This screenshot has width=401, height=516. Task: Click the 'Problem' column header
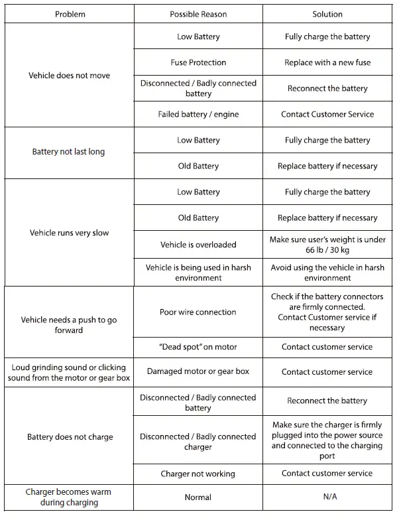click(x=70, y=14)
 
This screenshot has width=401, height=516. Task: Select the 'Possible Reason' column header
click(x=198, y=14)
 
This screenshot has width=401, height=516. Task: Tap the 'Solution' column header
click(x=327, y=14)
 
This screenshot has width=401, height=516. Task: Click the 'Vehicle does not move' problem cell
click(x=69, y=76)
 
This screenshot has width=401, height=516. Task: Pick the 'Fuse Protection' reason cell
click(x=198, y=62)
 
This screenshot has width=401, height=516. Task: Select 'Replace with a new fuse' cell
click(x=327, y=62)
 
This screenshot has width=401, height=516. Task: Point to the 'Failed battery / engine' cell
click(x=198, y=114)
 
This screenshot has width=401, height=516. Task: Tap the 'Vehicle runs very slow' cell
click(x=69, y=233)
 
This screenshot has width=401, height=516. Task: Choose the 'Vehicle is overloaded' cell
click(x=198, y=245)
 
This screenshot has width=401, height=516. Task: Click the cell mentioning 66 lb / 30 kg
click(x=327, y=245)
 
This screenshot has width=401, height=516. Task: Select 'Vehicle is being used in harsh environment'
click(x=198, y=273)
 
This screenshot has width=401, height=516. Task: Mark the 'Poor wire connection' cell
click(x=198, y=312)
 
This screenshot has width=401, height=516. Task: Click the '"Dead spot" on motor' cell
click(x=198, y=347)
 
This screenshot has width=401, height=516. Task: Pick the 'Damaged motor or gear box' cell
click(x=198, y=371)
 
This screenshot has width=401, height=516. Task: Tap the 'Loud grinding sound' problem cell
click(x=69, y=371)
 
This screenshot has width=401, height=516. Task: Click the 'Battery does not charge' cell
click(x=70, y=437)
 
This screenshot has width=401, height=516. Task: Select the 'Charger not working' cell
click(x=198, y=474)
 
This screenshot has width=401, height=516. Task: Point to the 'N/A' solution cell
click(x=327, y=497)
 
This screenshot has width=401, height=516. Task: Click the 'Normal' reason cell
click(x=198, y=497)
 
